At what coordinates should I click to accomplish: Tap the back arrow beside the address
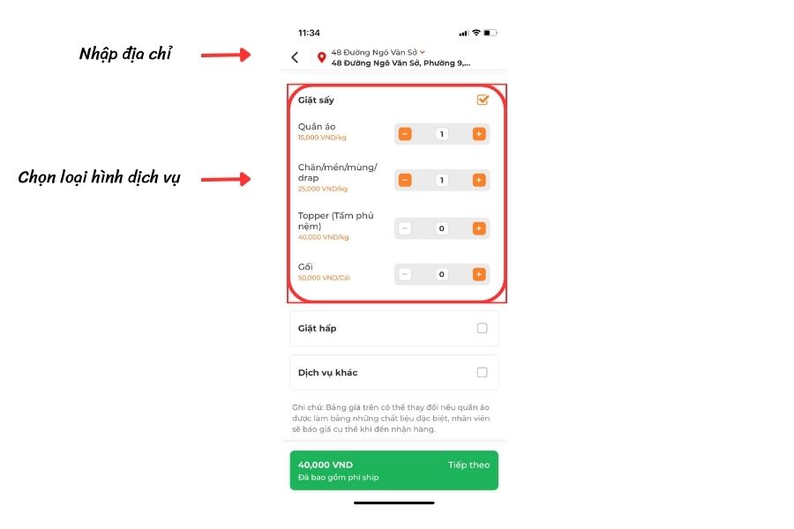tap(295, 57)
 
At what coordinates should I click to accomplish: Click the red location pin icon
tap(321, 57)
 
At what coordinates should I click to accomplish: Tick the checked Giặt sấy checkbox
tap(483, 100)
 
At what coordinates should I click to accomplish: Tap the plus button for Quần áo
tap(479, 134)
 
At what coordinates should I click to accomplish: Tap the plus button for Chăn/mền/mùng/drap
tap(479, 180)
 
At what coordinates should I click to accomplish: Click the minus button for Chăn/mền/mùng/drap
tap(405, 180)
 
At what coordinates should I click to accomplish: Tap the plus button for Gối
tap(479, 274)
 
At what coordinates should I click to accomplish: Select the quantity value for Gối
tap(442, 274)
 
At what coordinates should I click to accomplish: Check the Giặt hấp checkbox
tap(482, 329)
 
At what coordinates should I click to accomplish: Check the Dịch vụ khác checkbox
tap(482, 373)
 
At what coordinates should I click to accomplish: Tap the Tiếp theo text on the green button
tap(469, 465)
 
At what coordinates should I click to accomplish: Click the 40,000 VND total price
tap(326, 465)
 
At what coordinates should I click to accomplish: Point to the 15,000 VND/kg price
tap(322, 138)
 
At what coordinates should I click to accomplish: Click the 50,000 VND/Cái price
tap(324, 278)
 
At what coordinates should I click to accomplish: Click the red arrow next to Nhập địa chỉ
tap(226, 55)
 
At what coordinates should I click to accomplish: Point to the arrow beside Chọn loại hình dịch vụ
tap(226, 179)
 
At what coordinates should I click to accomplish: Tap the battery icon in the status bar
tap(491, 33)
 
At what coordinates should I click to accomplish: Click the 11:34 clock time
tap(309, 33)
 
